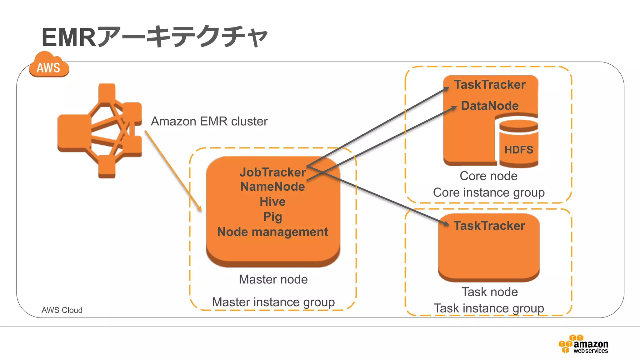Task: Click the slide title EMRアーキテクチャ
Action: (x=155, y=37)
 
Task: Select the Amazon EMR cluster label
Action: (x=209, y=121)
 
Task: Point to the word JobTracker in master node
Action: (x=272, y=172)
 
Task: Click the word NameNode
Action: (x=272, y=187)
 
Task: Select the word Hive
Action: (x=272, y=202)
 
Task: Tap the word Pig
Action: (x=272, y=217)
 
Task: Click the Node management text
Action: (x=272, y=232)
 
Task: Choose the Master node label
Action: (x=273, y=279)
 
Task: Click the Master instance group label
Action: (x=273, y=302)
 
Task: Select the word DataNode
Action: (x=490, y=106)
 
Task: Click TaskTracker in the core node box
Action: (x=490, y=85)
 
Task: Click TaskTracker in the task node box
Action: (x=489, y=226)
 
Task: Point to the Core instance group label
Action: (x=489, y=192)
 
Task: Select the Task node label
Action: (x=490, y=292)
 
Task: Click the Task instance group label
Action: (x=489, y=308)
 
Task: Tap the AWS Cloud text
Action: (x=62, y=310)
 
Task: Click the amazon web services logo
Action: (x=583, y=344)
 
